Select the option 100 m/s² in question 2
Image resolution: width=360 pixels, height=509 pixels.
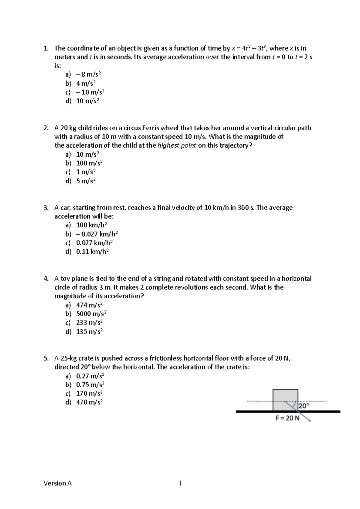tap(89, 163)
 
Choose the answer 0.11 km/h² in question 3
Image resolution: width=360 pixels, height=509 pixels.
tap(92, 251)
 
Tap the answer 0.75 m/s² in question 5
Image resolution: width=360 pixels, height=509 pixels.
tap(90, 385)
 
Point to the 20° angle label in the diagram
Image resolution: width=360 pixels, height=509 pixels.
tap(304, 406)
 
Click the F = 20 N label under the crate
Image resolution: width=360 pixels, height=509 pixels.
tap(287, 418)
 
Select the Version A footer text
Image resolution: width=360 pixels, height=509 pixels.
tap(58, 483)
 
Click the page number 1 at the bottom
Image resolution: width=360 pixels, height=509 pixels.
tap(180, 483)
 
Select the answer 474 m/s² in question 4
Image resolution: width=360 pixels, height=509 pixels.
tap(89, 305)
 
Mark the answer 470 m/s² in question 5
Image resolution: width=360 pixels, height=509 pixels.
tap(89, 402)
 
